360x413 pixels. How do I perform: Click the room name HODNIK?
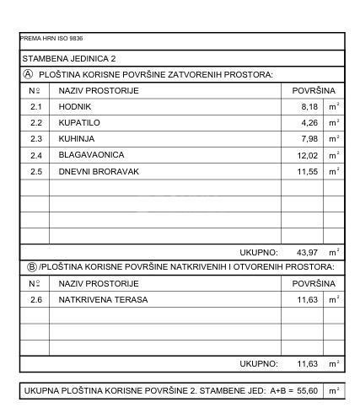[x=74, y=107]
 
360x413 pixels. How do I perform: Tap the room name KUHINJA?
[x=77, y=139]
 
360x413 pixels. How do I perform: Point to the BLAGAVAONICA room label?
[x=91, y=155]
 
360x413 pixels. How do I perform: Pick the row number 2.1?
[x=35, y=107]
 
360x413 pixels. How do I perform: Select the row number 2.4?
[x=35, y=155]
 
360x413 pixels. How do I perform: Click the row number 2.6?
[x=35, y=299]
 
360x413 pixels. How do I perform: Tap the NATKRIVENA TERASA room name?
[x=103, y=299]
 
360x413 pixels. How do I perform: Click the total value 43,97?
[x=304, y=252]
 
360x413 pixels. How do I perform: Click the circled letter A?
[x=28, y=75]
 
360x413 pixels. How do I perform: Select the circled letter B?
[x=28, y=267]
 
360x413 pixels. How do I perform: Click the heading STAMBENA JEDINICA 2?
[x=69, y=59]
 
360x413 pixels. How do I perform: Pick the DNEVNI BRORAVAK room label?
[x=99, y=171]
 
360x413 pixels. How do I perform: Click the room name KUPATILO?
[x=78, y=123]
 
